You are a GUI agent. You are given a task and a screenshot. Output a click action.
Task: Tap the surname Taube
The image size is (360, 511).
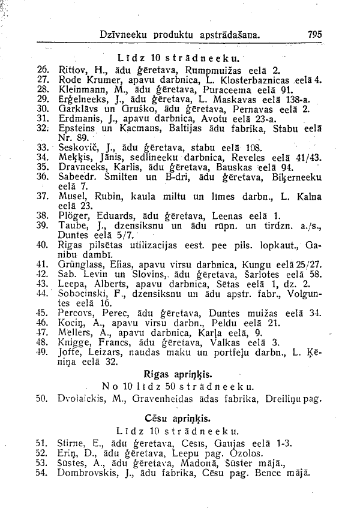[71, 224]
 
